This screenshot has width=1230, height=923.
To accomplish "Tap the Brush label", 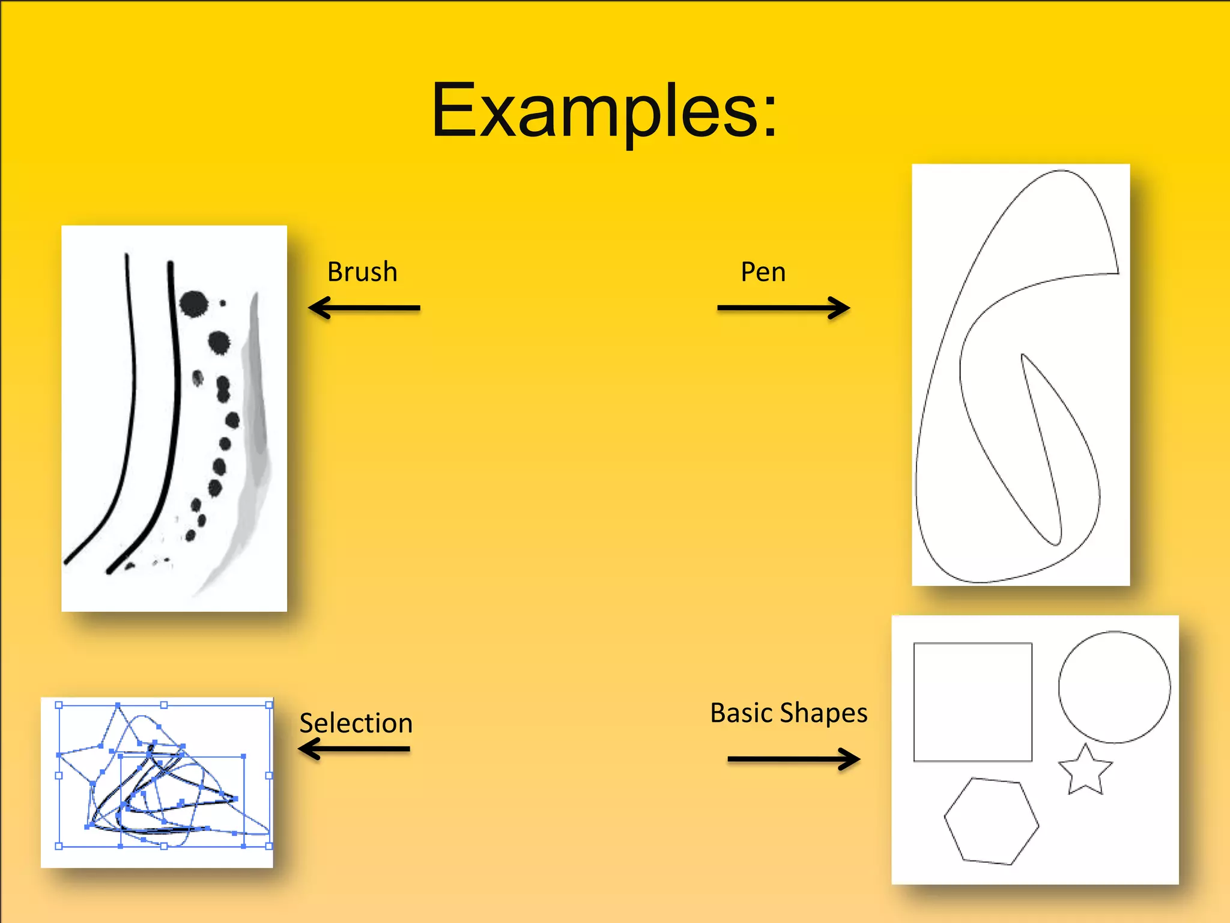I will pyautogui.click(x=362, y=272).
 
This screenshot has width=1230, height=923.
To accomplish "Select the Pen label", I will pyautogui.click(x=763, y=272).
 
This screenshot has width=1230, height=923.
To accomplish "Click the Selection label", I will pyautogui.click(x=356, y=723).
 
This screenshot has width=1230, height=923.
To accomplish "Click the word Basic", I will pyautogui.click(x=741, y=713).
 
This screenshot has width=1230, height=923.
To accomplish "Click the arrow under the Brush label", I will pyautogui.click(x=364, y=308).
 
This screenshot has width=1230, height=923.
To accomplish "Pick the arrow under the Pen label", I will pyautogui.click(x=783, y=308).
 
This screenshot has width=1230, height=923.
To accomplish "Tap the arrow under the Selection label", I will pyautogui.click(x=354, y=749).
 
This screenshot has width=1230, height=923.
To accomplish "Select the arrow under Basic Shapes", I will pyautogui.click(x=793, y=759).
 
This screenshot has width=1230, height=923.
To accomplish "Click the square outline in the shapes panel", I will pyautogui.click(x=972, y=702).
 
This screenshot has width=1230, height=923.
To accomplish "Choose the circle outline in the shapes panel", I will pyautogui.click(x=1114, y=687).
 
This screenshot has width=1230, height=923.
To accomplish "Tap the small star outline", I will pyautogui.click(x=1085, y=771).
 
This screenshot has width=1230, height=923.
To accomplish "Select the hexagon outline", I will pyautogui.click(x=991, y=821).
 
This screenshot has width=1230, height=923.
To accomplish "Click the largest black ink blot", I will pyautogui.click(x=193, y=303).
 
